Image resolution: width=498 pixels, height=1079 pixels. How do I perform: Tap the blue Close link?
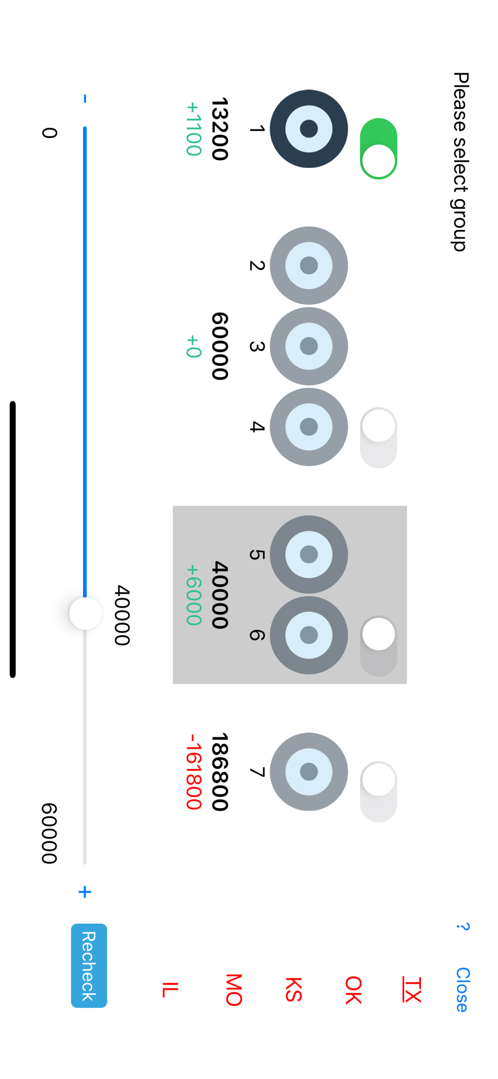pos(462,989)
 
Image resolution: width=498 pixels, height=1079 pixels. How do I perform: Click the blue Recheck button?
pos(89,965)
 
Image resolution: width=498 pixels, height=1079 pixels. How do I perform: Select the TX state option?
pos(412,989)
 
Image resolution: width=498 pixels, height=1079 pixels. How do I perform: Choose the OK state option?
pos(353,989)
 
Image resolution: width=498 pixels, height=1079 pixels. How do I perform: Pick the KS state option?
pos(294,989)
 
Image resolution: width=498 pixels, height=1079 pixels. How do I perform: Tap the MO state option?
pos(234,989)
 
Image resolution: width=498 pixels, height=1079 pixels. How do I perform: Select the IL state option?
pos(170,989)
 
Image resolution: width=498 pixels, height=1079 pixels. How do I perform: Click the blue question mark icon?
pos(462,927)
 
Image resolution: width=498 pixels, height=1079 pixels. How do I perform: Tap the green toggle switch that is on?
pos(378,148)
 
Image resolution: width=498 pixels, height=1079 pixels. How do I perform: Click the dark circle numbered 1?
pos(309,129)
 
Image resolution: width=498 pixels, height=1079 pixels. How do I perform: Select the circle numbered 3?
pos(309,346)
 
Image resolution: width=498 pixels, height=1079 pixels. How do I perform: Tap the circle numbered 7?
pos(309,771)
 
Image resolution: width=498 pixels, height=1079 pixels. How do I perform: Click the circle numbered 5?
pos(309,554)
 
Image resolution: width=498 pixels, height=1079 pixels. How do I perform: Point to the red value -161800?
pos(193,771)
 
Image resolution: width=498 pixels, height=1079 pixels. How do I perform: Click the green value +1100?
pos(193,129)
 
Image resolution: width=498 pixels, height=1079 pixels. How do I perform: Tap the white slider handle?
pos(86,613)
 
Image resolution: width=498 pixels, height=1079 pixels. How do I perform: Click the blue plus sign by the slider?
pos(85,892)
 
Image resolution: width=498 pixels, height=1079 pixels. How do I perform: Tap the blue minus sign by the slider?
pos(85,99)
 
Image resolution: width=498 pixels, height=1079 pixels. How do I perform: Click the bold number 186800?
pos(220,771)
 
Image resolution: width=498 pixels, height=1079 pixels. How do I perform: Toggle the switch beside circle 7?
pos(378,791)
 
